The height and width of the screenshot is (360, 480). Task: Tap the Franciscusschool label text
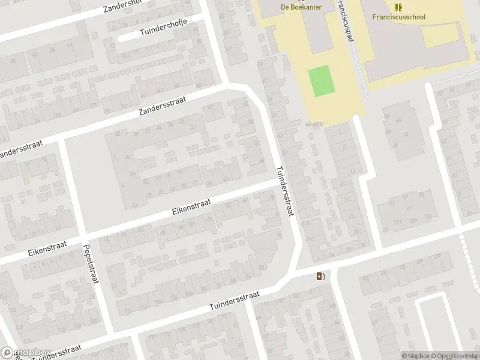[398, 17]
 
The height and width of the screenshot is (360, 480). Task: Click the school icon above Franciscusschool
[398, 7]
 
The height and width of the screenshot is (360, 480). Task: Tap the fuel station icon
[321, 276]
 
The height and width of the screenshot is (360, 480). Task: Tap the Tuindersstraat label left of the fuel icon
[234, 301]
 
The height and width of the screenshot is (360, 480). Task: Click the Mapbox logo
[26, 353]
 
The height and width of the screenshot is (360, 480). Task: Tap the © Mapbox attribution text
[416, 356]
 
